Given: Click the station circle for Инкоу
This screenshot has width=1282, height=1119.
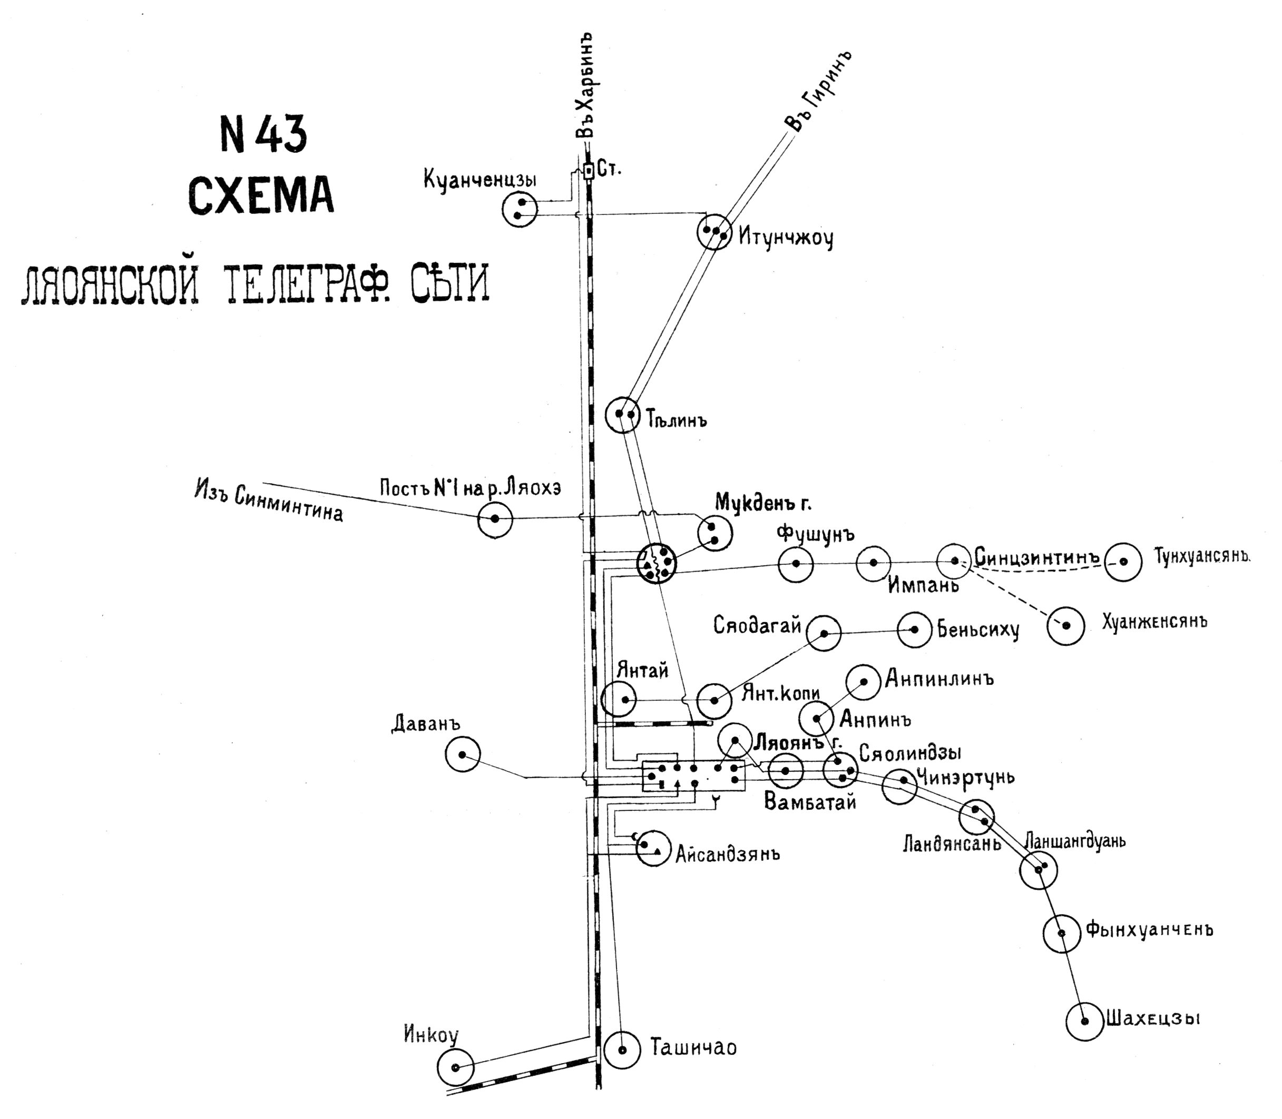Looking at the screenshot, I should click(455, 1067).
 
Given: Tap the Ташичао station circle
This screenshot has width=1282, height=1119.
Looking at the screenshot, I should click(623, 1049).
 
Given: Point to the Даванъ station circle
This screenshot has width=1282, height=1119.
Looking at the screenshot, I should click(463, 754).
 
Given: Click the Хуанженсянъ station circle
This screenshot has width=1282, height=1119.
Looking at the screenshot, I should click(1066, 625).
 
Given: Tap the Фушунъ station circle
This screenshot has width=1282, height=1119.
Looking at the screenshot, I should click(796, 564).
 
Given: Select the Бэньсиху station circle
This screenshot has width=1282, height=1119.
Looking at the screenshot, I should click(915, 630).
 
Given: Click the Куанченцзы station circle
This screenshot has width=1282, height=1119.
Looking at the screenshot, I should click(520, 209).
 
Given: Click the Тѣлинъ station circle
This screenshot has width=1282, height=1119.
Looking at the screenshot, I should click(623, 414).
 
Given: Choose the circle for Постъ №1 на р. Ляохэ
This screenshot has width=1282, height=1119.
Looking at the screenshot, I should click(495, 519).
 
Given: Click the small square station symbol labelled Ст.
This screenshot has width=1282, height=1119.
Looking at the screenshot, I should click(588, 170).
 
